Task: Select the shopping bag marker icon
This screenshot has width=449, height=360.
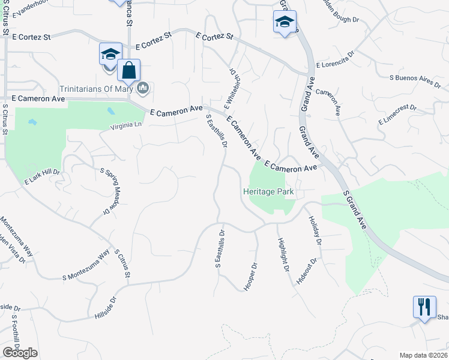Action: (129, 71)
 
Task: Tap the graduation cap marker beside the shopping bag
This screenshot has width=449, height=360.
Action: (110, 55)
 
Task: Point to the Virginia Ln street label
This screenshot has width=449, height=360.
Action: (126, 127)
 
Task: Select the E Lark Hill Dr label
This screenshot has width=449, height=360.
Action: (43, 176)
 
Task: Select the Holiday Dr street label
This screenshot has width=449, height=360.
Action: (315, 231)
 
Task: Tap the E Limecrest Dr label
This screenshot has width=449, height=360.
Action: (397, 115)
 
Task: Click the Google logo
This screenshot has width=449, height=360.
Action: (20, 353)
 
